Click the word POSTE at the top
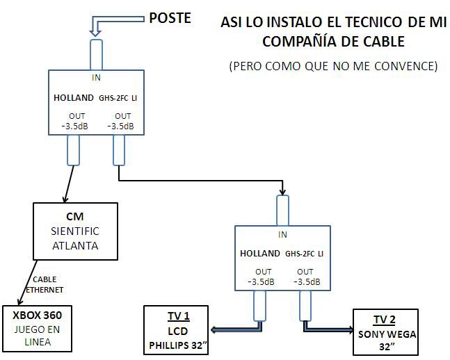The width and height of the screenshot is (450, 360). [x=170, y=17]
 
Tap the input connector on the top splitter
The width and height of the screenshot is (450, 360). [x=96, y=54]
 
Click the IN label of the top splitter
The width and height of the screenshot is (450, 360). [x=96, y=77]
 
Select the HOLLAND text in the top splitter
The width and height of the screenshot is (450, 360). [x=73, y=98]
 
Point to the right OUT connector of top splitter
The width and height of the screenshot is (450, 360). [x=119, y=150]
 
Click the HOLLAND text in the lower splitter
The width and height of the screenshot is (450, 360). [x=259, y=254]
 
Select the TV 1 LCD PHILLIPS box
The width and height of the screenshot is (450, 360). [x=178, y=330]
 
